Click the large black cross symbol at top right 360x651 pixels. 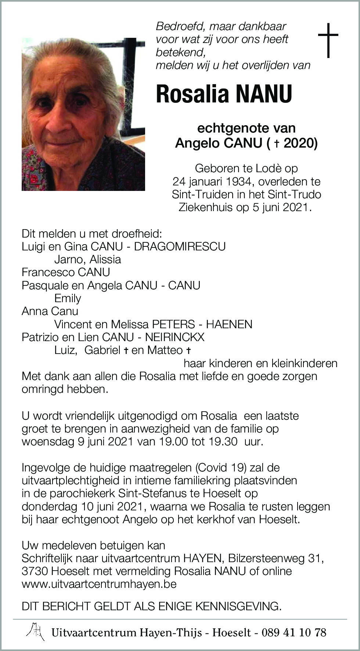pyautogui.click(x=328, y=40)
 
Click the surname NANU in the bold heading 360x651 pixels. pyautogui.click(x=264, y=94)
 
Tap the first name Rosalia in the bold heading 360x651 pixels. pyautogui.click(x=192, y=94)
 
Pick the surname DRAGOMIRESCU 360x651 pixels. pyautogui.click(x=180, y=246)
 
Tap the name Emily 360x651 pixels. pyautogui.click(x=68, y=298)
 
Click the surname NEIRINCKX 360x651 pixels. pyautogui.click(x=175, y=337)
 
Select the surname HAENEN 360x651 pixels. pyautogui.click(x=229, y=324)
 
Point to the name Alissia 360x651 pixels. pyautogui.click(x=105, y=259)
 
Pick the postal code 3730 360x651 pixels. pyautogui.click(x=35, y=571)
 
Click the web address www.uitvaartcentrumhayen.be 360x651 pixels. pyautogui.click(x=99, y=584)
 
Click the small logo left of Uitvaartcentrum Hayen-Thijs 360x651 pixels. pyautogui.click(x=36, y=632)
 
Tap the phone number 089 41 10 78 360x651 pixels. pyautogui.click(x=294, y=632)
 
